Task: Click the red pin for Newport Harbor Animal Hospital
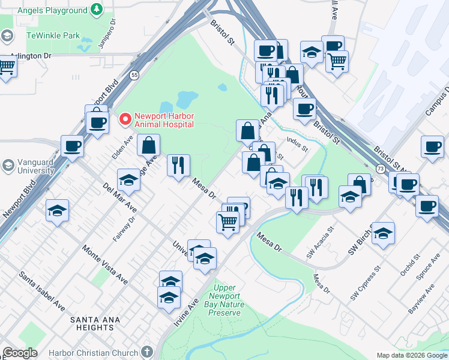[x=125, y=119]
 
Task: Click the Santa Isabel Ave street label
[x=42, y=291]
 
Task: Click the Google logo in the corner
[x=20, y=353]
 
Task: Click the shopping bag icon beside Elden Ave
[x=148, y=145]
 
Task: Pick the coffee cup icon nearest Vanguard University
[x=73, y=146]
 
